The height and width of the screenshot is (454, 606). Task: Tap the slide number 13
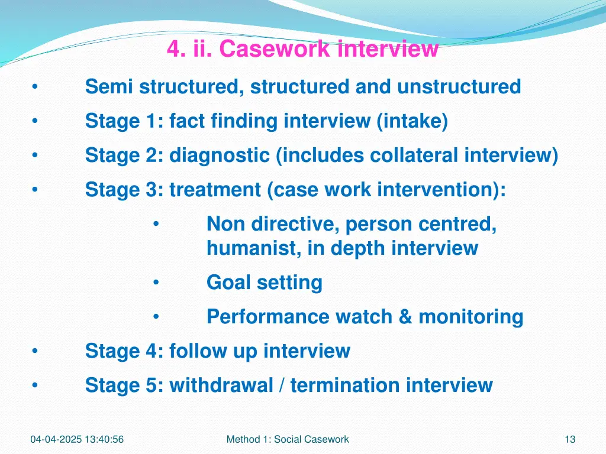[570, 439]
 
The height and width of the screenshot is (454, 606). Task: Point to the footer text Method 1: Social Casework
[288, 439]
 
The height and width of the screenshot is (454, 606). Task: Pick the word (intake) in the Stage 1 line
[412, 121]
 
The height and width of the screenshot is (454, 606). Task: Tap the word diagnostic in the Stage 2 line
[220, 155]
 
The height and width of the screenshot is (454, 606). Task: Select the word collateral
[414, 155]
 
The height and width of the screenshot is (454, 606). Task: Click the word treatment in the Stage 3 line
[215, 190]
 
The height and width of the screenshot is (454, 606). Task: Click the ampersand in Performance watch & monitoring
[405, 317]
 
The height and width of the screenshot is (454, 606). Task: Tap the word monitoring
[470, 317]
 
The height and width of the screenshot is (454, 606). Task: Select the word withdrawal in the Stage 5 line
[221, 385]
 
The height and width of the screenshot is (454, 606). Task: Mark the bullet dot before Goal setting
[155, 283]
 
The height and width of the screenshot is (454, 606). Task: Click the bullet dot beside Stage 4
[35, 351]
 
